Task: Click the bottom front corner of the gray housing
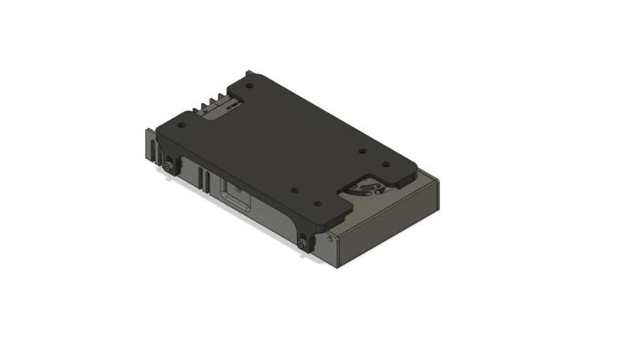339,265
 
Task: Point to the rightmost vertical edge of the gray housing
438,197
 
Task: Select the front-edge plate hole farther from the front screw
293,189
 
